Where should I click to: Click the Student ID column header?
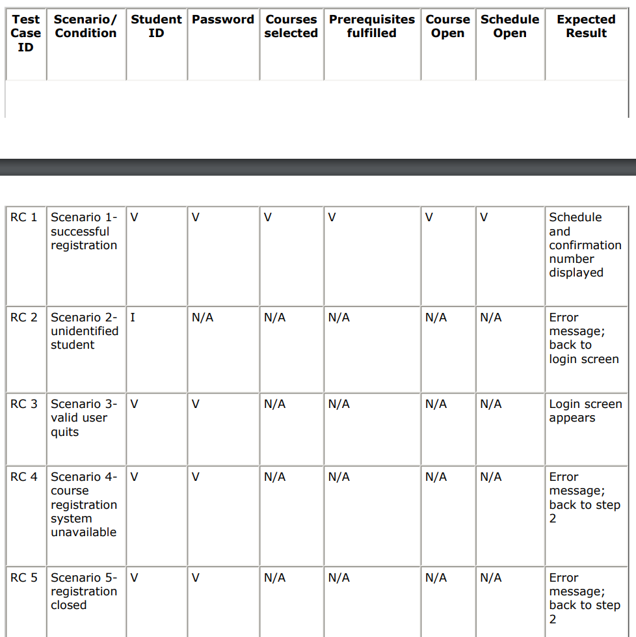pyautogui.click(x=156, y=26)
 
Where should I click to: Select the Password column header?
pyautogui.click(x=223, y=20)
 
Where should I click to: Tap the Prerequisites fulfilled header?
pyautogui.click(x=372, y=26)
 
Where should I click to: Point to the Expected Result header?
pyautogui.click(x=586, y=26)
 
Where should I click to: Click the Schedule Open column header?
pyautogui.click(x=510, y=26)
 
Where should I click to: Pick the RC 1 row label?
pyautogui.click(x=24, y=217)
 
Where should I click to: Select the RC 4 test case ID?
pyautogui.click(x=24, y=477)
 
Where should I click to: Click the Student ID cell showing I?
pyautogui.click(x=133, y=318)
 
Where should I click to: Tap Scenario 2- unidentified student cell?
pyautogui.click(x=85, y=331)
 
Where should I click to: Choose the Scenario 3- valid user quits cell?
pyautogui.click(x=84, y=418)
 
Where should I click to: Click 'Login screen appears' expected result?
pyautogui.click(x=585, y=411)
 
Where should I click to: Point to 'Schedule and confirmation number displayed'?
pyautogui.click(x=585, y=245)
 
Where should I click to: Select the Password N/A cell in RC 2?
pyautogui.click(x=203, y=318)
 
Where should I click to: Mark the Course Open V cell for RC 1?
pyautogui.click(x=429, y=217)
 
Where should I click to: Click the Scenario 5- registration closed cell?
pyautogui.click(x=84, y=591)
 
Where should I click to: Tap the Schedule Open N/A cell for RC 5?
pyautogui.click(x=491, y=578)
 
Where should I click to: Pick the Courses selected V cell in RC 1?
pyautogui.click(x=267, y=217)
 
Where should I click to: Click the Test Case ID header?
pyautogui.click(x=26, y=33)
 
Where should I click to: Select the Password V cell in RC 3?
pyautogui.click(x=196, y=404)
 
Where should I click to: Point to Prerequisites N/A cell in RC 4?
pyautogui.click(x=339, y=477)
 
